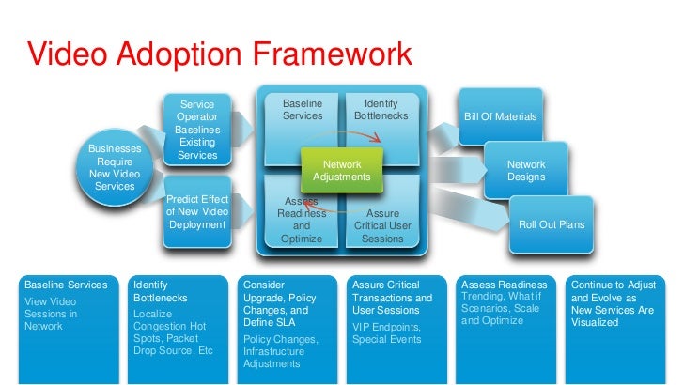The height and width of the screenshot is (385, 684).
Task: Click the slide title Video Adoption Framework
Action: tap(219, 55)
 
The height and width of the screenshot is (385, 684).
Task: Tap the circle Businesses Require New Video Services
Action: tap(115, 167)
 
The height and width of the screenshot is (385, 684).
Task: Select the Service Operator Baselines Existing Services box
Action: tap(197, 130)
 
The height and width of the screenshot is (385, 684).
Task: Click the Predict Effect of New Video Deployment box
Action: tap(197, 212)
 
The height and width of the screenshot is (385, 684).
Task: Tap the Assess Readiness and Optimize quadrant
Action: tap(301, 222)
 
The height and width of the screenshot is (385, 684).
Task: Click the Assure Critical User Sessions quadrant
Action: tap(382, 225)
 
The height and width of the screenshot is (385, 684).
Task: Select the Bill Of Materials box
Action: tap(500, 117)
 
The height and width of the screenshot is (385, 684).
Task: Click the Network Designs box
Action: tap(525, 170)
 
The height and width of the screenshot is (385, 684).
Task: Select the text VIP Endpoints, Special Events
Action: tap(387, 332)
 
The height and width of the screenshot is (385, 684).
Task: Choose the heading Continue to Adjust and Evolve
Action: tap(614, 290)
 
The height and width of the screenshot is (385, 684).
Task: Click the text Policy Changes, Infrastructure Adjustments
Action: tap(281, 350)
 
